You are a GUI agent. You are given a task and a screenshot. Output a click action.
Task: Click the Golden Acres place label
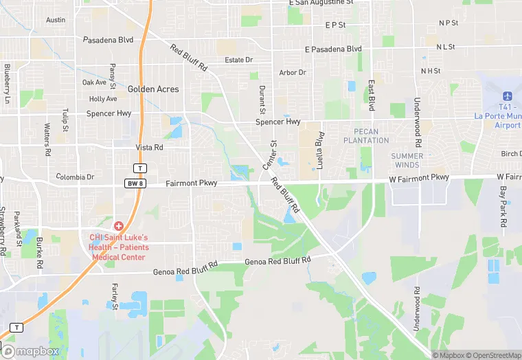pos(153,89)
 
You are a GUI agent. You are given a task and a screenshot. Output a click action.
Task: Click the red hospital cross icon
pos(119,226)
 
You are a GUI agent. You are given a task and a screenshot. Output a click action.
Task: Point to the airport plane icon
pos(508,95)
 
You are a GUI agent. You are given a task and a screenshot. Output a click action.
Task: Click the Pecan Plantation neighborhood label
pos(371,136)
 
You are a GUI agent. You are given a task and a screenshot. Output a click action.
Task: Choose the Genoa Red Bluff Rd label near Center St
pos(277,260)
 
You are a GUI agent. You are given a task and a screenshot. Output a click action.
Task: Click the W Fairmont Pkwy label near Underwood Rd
pos(419,178)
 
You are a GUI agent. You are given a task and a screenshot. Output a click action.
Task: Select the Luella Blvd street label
pos(319,148)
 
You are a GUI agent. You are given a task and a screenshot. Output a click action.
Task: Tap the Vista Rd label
pos(149,148)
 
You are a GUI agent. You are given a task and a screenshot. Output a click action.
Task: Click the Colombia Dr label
pos(75,177)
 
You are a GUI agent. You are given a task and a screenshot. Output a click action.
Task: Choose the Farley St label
pos(114,295)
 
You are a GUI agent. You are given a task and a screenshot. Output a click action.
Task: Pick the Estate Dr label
pos(239,60)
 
